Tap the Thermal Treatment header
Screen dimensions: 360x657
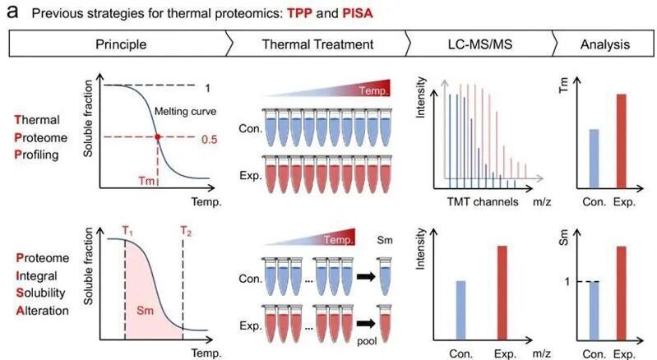[316, 44]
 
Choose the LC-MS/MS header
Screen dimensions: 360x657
[479, 44]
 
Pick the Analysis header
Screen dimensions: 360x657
[604, 44]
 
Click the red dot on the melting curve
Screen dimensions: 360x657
[157, 136]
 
